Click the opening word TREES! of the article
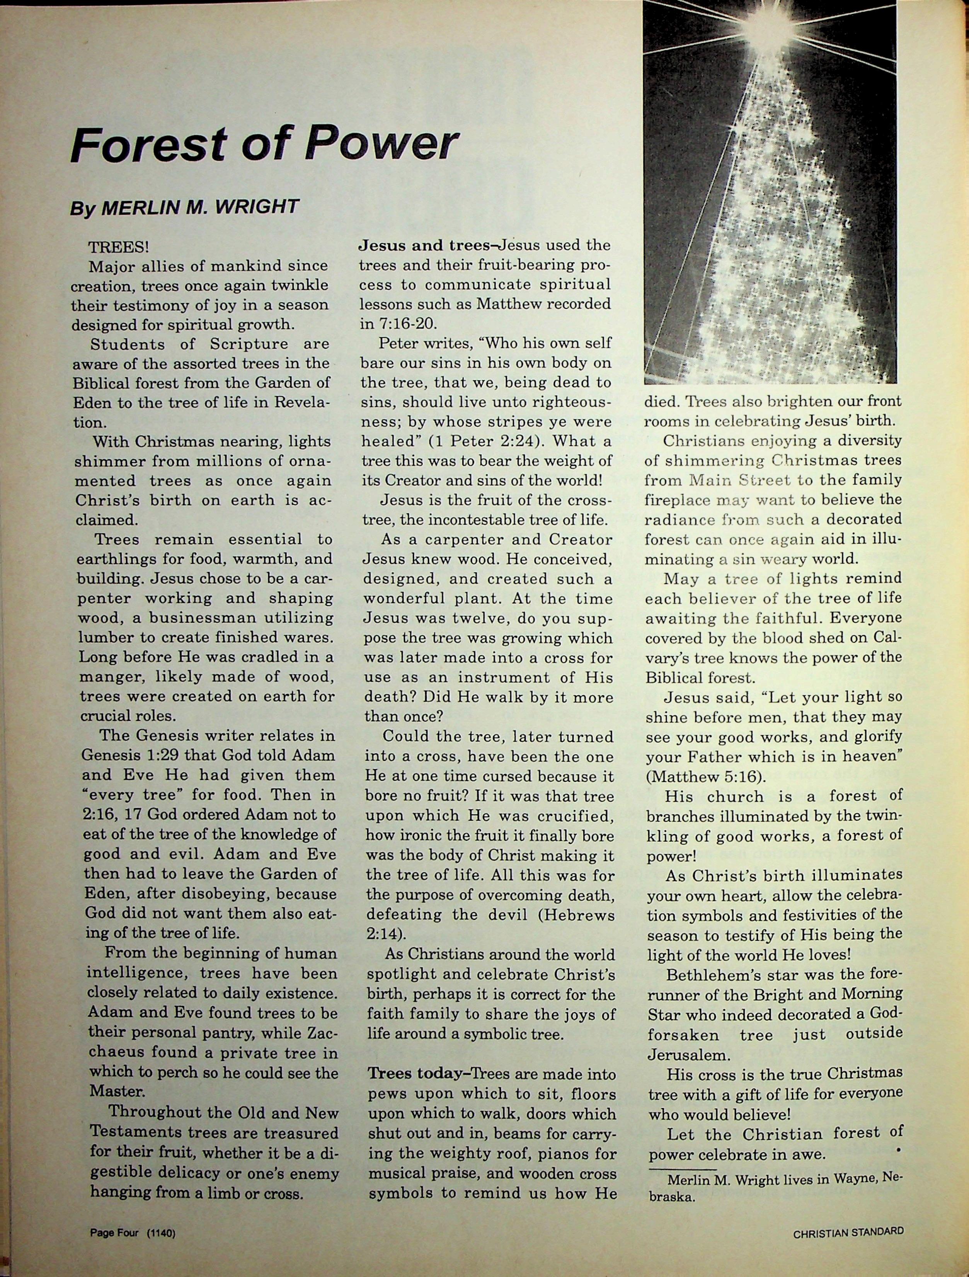tap(118, 247)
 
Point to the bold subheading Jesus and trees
tap(424, 245)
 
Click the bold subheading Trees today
tap(418, 1074)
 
